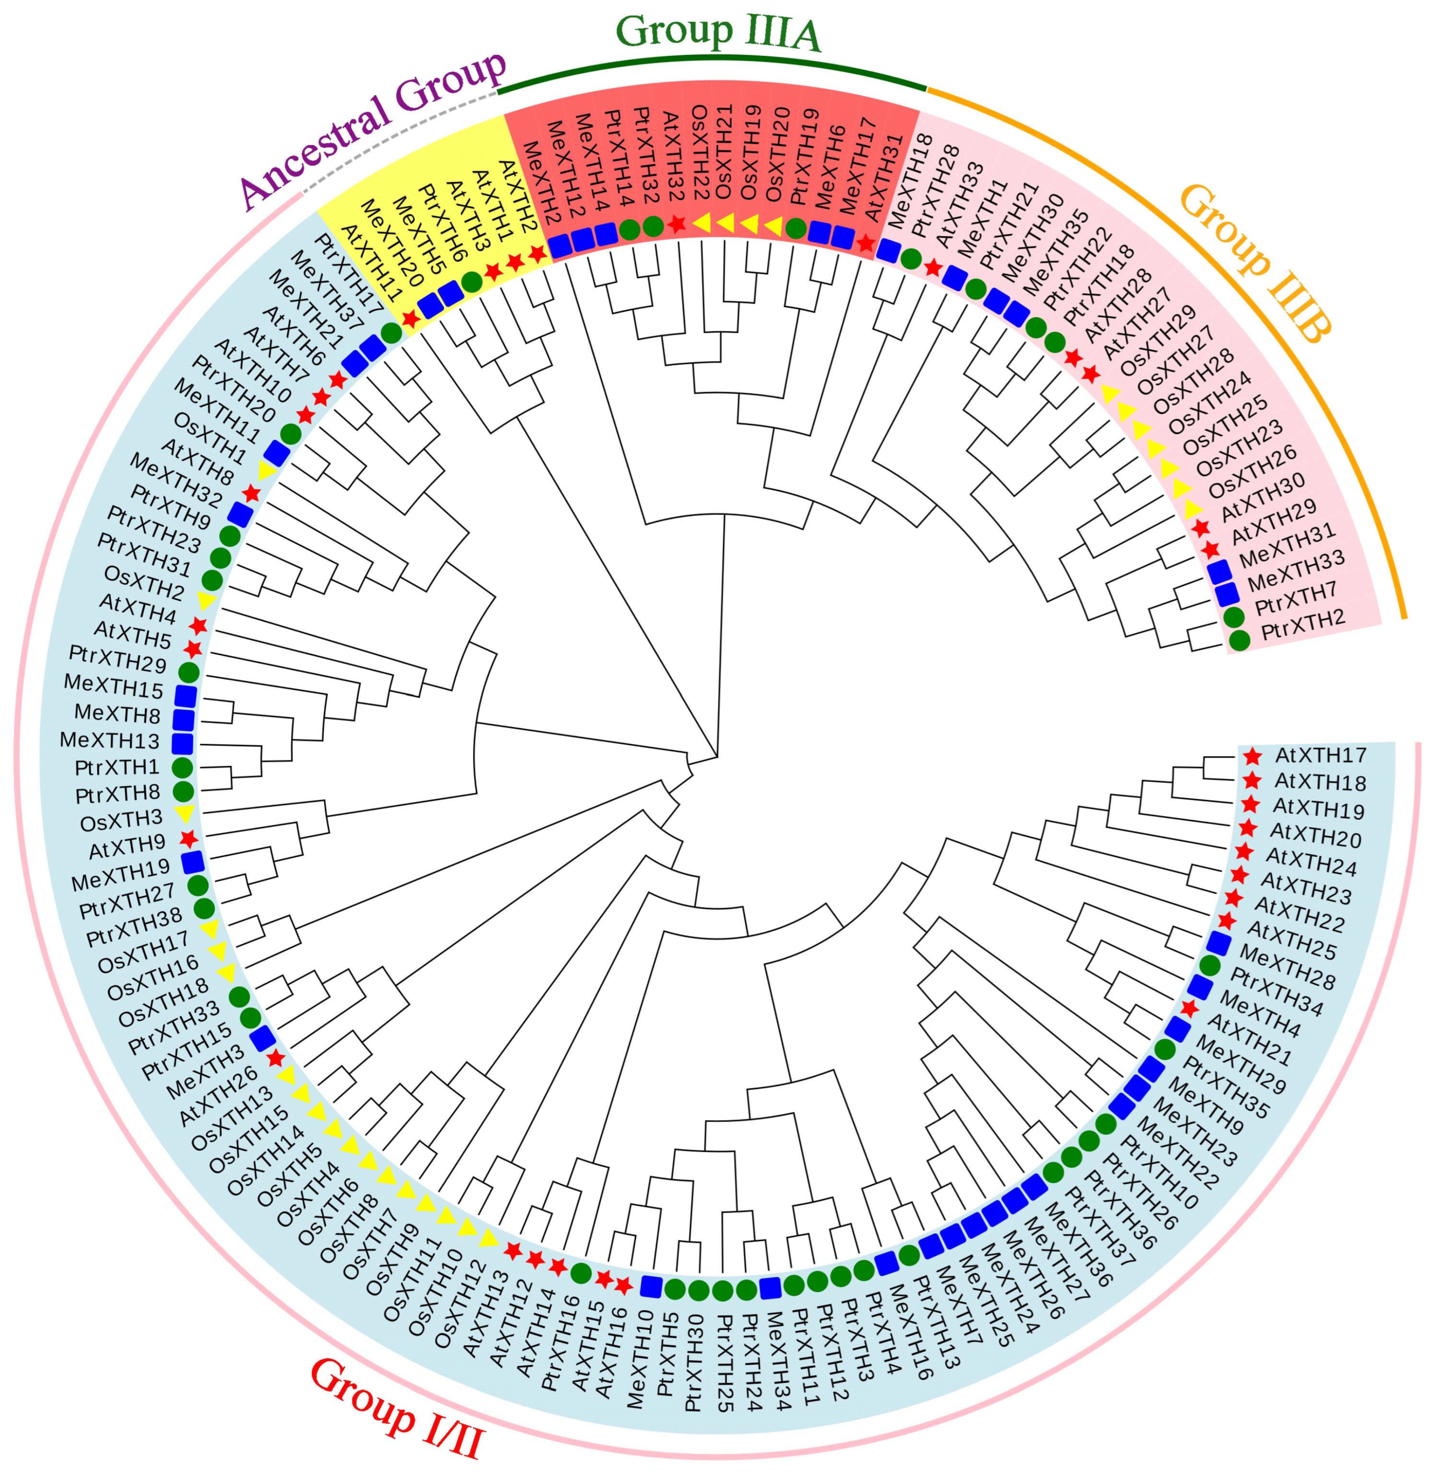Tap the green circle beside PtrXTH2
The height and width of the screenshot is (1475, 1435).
pyautogui.click(x=1240, y=640)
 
